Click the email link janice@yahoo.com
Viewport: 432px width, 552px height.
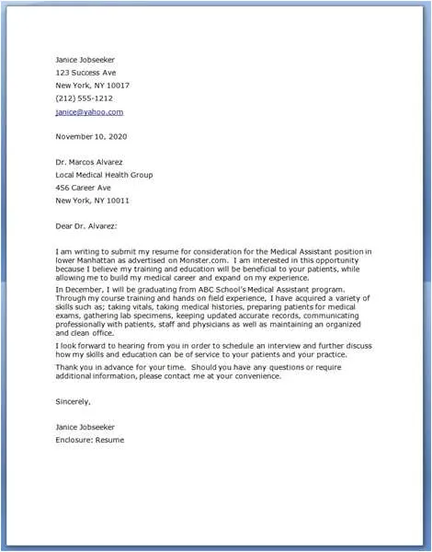click(89, 112)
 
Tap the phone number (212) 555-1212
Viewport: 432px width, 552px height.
click(84, 98)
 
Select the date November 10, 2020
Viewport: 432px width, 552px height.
click(92, 136)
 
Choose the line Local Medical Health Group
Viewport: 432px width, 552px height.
click(104, 175)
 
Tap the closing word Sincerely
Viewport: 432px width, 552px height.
click(73, 401)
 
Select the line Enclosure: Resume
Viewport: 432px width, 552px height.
click(89, 440)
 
